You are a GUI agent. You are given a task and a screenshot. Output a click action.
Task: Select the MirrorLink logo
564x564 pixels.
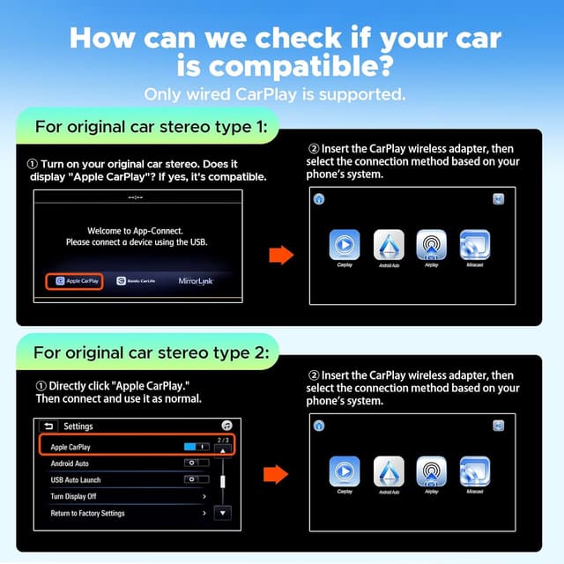pyautogui.click(x=196, y=281)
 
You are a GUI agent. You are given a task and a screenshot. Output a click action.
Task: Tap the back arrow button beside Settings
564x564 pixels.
pyautogui.click(x=48, y=427)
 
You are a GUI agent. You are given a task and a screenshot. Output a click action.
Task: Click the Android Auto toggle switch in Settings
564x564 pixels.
pyautogui.click(x=195, y=464)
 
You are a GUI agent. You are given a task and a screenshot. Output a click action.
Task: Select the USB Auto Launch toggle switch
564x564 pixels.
pyautogui.click(x=195, y=480)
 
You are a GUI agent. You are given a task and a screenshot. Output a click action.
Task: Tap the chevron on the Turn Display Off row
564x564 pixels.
pyautogui.click(x=204, y=497)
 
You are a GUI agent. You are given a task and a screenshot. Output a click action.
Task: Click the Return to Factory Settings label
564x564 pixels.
pyautogui.click(x=87, y=514)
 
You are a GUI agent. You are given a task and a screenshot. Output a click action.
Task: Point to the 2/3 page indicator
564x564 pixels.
pyautogui.click(x=223, y=440)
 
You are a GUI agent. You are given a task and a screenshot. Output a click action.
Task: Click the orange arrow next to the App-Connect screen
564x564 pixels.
pyautogui.click(x=279, y=256)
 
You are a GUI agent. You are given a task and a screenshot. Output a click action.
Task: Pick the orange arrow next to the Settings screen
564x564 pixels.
pyautogui.click(x=276, y=475)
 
